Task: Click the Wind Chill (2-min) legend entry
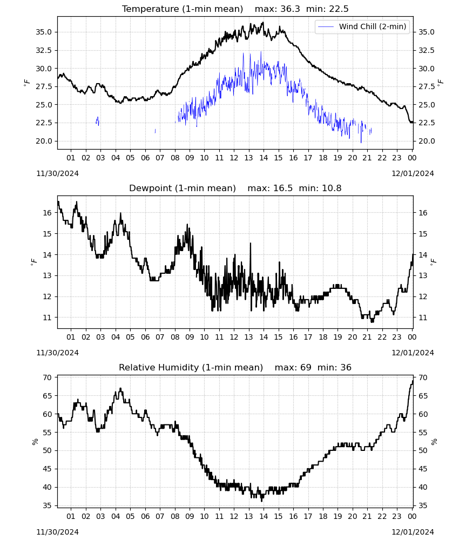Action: coord(362,26)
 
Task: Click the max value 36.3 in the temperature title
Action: coord(290,9)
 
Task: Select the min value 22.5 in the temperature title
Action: coord(339,9)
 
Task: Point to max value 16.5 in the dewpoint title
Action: coord(283,188)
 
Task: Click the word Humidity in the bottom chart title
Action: coord(178,368)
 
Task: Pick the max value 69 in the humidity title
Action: coord(306,367)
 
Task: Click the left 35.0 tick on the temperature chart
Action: coord(44,32)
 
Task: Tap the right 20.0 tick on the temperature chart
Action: coord(427,141)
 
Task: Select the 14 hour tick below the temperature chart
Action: coord(264,158)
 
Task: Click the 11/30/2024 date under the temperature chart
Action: coord(57,173)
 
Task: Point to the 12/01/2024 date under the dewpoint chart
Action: coord(413,353)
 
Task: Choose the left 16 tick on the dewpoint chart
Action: coord(48,213)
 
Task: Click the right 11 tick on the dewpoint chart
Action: coord(423,318)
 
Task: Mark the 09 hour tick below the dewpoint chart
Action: coord(190,337)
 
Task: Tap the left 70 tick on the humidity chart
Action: coord(48,377)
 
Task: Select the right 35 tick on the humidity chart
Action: coord(423,505)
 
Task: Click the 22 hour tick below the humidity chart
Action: coord(382,516)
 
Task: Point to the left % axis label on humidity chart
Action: coord(35,442)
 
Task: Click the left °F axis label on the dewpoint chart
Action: coord(33,262)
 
